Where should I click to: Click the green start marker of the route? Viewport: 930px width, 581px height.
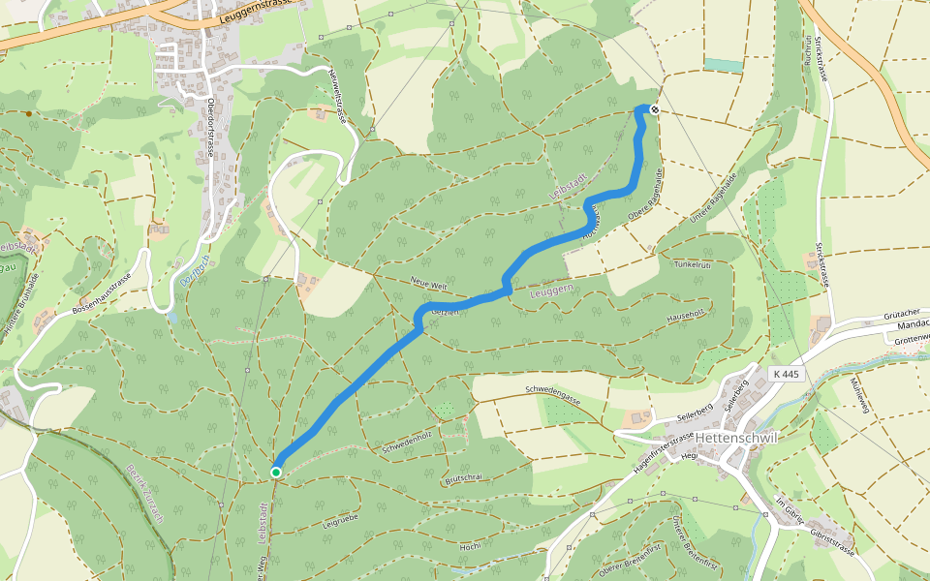click(276, 473)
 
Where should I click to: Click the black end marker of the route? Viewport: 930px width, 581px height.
click(655, 109)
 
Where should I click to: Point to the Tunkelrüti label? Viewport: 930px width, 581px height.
click(693, 263)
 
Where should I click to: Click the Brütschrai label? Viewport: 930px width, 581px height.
click(463, 478)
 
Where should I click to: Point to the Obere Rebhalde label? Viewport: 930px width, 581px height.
click(645, 193)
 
